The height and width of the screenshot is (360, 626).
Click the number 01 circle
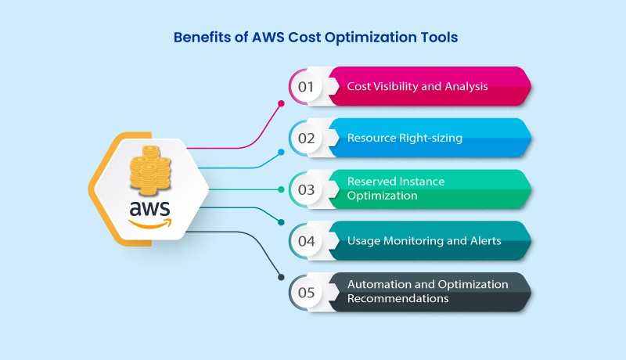pyautogui.click(x=306, y=86)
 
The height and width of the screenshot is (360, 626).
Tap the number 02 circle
pyautogui.click(x=306, y=138)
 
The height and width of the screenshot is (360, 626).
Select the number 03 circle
pyautogui.click(x=306, y=189)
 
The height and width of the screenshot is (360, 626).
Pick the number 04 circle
pyautogui.click(x=306, y=241)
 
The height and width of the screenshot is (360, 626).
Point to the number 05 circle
pyautogui.click(x=306, y=292)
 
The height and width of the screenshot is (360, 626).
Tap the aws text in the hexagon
pyautogui.click(x=149, y=209)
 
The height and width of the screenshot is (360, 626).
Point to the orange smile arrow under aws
pyautogui.click(x=150, y=224)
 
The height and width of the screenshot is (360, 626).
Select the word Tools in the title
pyautogui.click(x=434, y=36)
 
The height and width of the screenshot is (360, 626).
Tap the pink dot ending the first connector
pyautogui.click(x=282, y=102)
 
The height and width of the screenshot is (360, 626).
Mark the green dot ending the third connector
pyautogui.click(x=281, y=189)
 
